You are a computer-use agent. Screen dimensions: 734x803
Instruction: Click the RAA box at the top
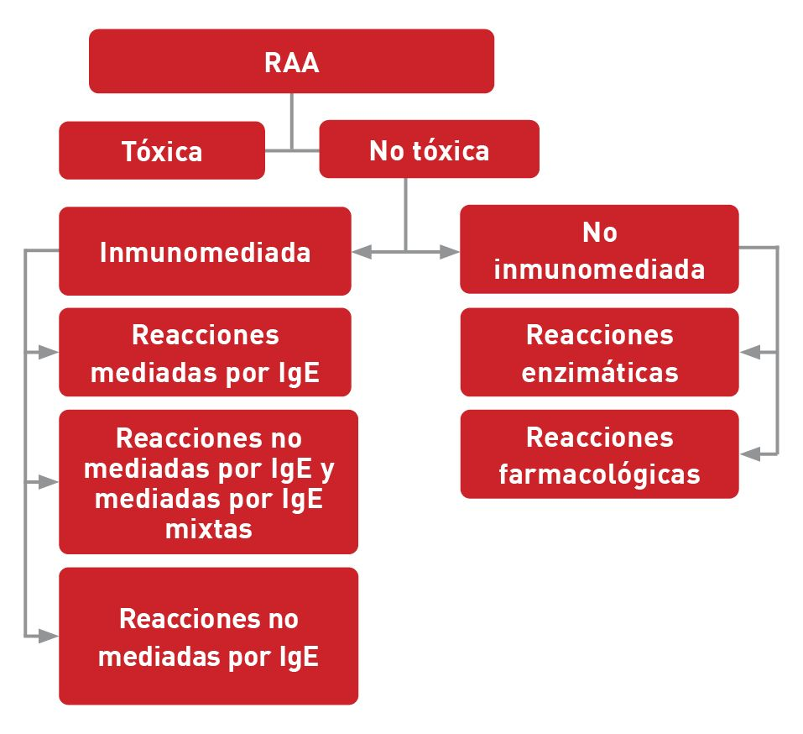pyautogui.click(x=291, y=61)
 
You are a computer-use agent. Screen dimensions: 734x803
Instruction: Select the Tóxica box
pyautogui.click(x=162, y=151)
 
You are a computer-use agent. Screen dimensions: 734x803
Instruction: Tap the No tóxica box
pyautogui.click(x=429, y=150)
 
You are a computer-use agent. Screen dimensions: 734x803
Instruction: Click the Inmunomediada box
pyautogui.click(x=205, y=252)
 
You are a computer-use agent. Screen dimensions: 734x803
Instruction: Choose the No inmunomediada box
pyautogui.click(x=599, y=250)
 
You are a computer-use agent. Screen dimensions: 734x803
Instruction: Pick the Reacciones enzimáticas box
pyautogui.click(x=599, y=353)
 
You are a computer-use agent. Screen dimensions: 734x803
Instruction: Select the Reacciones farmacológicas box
pyautogui.click(x=599, y=454)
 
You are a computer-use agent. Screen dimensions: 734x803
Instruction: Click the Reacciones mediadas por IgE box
pyautogui.click(x=205, y=353)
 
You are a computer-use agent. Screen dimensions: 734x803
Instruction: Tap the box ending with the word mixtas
pyautogui.click(x=208, y=482)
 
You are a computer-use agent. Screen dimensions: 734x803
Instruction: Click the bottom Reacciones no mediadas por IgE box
pyautogui.click(x=208, y=637)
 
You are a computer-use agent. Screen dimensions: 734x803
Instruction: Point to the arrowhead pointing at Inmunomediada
pyautogui.click(x=362, y=251)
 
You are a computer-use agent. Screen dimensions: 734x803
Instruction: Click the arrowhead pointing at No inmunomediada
pyautogui.click(x=451, y=251)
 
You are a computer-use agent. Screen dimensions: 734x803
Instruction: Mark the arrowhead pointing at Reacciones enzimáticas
pyautogui.click(x=750, y=353)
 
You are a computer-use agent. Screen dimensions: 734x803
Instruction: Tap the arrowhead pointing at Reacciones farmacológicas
pyautogui.click(x=750, y=454)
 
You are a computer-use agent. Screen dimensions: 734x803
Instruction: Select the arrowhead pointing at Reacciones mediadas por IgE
pyautogui.click(x=49, y=353)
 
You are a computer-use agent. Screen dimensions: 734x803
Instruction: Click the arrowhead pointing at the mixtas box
pyautogui.click(x=49, y=483)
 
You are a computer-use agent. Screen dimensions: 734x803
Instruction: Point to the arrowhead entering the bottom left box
pyautogui.click(x=49, y=637)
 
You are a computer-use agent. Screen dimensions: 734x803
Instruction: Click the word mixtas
pyautogui.click(x=209, y=529)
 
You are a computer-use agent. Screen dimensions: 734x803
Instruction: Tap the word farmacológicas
pyautogui.click(x=599, y=474)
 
